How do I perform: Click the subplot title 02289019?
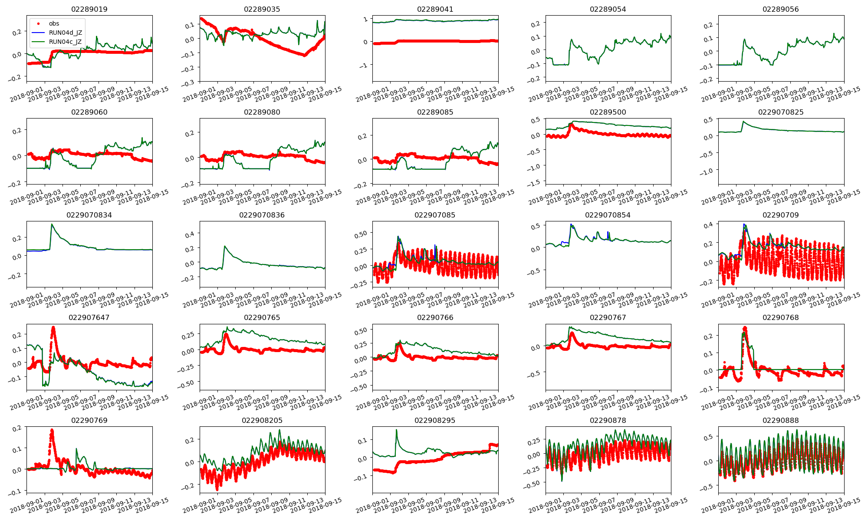89,9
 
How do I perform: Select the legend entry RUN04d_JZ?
65,33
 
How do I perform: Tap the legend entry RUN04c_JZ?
65,42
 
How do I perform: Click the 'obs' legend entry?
54,23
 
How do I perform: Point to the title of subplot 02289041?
435,9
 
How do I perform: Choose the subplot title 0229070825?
781,112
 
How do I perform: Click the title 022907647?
89,317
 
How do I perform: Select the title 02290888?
781,420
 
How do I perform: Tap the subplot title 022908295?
435,420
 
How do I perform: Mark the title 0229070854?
608,215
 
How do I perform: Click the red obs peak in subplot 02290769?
52,430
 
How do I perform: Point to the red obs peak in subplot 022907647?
53,327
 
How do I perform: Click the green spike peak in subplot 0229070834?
52,224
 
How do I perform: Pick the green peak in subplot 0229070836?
225,246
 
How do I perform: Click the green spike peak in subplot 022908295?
396,430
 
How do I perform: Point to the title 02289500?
608,112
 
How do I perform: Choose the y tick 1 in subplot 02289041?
365,19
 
